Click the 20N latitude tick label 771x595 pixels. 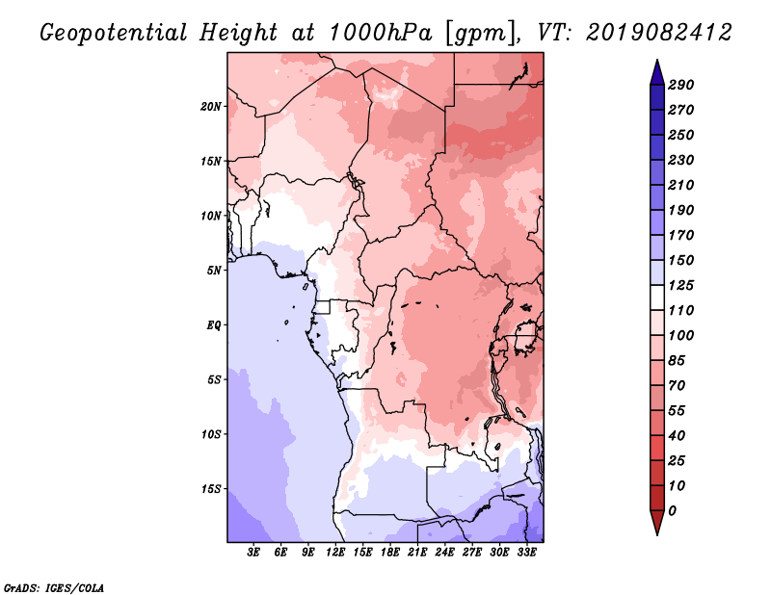(x=210, y=106)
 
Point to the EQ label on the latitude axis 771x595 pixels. (x=213, y=325)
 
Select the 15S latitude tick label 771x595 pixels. (x=210, y=489)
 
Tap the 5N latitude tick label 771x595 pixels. (x=213, y=271)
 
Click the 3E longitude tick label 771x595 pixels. (x=253, y=552)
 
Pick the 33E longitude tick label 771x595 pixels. (x=526, y=552)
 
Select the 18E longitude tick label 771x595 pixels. (x=390, y=552)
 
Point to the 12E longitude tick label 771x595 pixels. (x=335, y=552)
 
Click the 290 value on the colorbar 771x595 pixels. (x=681, y=85)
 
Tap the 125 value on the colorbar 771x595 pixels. (x=681, y=285)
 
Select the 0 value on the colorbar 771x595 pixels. (x=672, y=511)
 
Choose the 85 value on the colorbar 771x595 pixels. (x=678, y=361)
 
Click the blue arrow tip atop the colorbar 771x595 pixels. (x=657, y=60)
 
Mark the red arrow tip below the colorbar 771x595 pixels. (x=657, y=534)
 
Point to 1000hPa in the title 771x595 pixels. (x=381, y=33)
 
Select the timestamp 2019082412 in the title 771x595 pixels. (x=659, y=33)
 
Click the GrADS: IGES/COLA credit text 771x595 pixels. (x=54, y=587)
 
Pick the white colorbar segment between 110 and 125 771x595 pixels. (x=657, y=297)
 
